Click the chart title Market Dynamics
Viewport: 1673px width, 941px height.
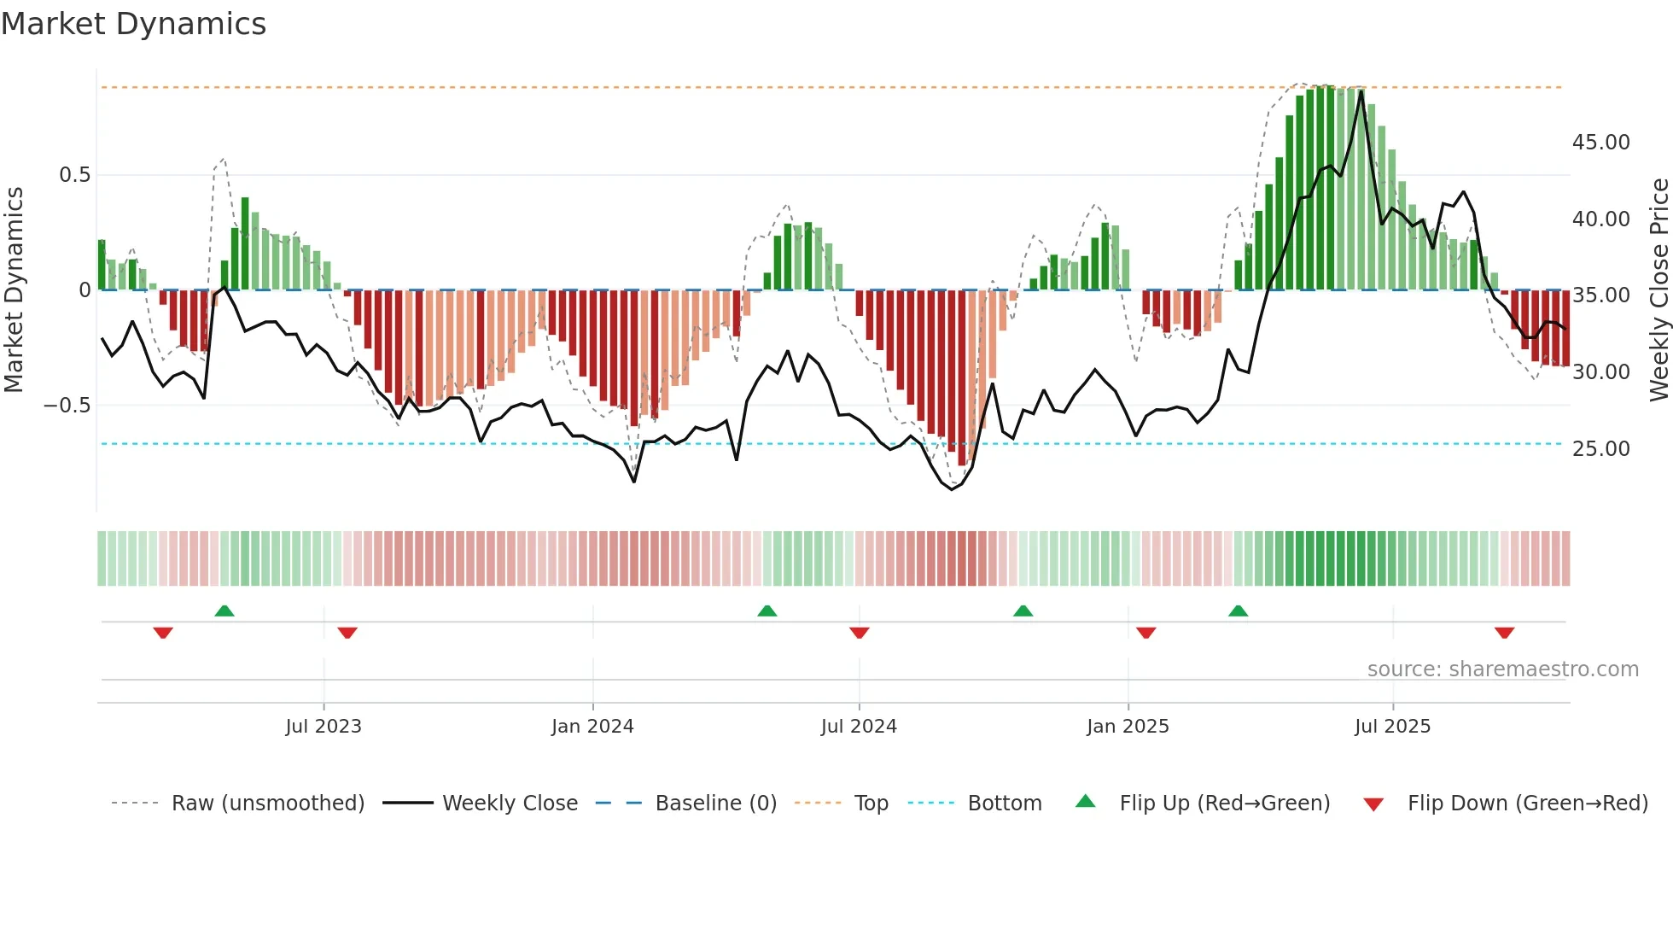point(133,24)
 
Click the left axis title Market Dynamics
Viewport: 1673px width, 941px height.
point(14,289)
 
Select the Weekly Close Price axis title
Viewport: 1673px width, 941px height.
point(1658,289)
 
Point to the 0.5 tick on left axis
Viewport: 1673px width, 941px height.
point(74,175)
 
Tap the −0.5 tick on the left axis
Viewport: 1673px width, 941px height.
point(67,406)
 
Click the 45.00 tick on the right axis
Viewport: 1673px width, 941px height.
point(1600,143)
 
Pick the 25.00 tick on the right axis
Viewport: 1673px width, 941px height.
point(1600,449)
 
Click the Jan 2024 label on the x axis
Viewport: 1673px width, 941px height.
point(592,727)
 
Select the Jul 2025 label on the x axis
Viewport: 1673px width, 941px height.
point(1392,727)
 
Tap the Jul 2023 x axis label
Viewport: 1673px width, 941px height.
point(324,727)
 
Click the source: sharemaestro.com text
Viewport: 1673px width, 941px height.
point(1502,669)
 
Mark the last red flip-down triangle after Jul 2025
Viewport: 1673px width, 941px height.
point(1504,633)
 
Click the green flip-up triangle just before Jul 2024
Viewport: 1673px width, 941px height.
point(767,611)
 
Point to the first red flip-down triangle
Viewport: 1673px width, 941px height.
point(163,633)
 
